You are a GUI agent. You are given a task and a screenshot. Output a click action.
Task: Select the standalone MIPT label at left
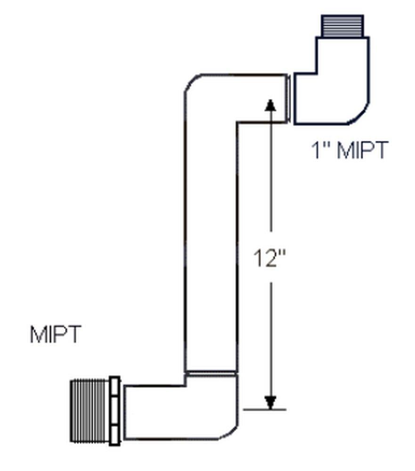56,334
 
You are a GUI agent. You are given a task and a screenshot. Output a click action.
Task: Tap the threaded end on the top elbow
342,26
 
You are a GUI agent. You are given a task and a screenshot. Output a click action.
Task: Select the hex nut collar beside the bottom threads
115,410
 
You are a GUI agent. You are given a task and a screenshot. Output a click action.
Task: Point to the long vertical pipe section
210,245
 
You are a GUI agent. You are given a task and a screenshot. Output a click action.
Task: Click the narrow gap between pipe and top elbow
291,99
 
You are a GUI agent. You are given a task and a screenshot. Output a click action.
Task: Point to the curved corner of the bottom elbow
229,432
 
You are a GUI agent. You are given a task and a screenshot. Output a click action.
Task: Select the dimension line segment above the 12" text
270,179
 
